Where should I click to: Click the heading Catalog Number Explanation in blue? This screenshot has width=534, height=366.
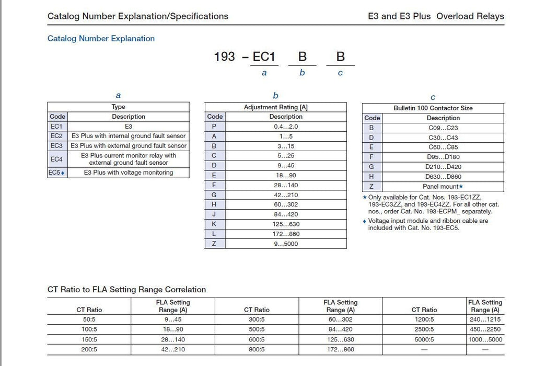coord(101,39)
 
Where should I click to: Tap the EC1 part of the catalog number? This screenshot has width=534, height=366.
coord(264,57)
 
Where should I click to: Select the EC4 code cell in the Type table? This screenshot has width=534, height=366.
coord(56,159)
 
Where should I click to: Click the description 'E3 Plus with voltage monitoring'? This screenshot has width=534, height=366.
coord(129,173)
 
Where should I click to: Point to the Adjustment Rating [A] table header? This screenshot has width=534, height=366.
coord(275,107)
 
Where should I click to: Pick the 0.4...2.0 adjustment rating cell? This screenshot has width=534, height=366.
coord(285,127)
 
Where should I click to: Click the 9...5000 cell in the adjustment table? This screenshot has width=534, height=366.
coord(285,244)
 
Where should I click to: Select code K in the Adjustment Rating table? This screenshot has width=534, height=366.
coord(214,224)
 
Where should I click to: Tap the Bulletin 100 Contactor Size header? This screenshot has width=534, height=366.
coord(433,108)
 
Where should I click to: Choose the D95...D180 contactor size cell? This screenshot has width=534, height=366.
coord(443,157)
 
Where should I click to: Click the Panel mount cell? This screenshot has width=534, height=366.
coord(443,187)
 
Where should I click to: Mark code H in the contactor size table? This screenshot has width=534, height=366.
coord(372,177)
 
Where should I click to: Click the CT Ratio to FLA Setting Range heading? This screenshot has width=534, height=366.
coord(126,290)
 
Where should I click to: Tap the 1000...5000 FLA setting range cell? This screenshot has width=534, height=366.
coord(484,339)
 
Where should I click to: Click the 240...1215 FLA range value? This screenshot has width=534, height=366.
coord(484,319)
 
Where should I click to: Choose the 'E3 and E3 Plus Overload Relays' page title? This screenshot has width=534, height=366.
coord(436,16)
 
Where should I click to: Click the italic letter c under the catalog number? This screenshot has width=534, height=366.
coord(340,73)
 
